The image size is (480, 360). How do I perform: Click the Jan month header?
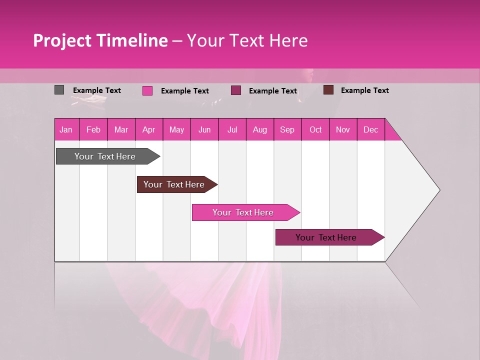(x=66, y=129)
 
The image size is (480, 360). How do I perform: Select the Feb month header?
(x=93, y=129)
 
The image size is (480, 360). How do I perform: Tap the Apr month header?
(x=148, y=129)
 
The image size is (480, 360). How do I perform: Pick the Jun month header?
(x=204, y=129)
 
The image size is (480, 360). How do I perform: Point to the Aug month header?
(x=259, y=129)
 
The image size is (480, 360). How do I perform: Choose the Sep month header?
(x=287, y=129)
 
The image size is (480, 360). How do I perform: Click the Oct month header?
(x=315, y=129)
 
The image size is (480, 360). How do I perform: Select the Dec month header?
(x=370, y=129)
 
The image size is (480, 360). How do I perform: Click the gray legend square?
(x=59, y=90)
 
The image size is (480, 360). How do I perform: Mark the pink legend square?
(x=147, y=90)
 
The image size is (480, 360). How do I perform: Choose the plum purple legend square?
(x=236, y=90)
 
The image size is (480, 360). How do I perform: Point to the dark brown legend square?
(x=328, y=90)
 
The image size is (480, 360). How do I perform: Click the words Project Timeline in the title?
(x=100, y=40)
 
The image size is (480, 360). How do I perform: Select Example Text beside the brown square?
(x=364, y=90)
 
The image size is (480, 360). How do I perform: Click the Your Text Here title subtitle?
(x=247, y=40)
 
